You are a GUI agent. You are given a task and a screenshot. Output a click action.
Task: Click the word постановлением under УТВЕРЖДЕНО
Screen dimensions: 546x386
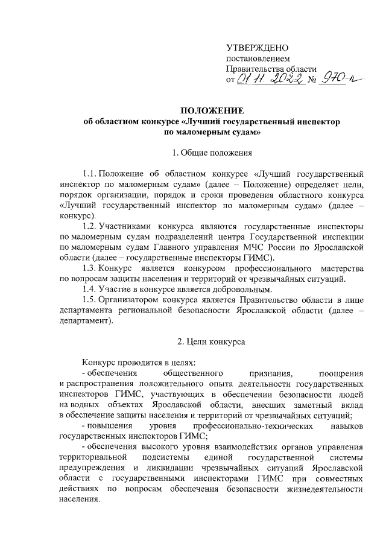pos(254,59)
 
